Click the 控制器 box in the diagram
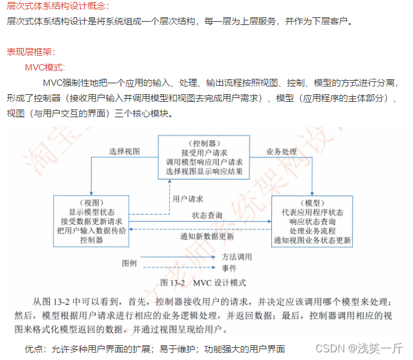[203, 158]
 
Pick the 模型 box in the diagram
[312, 220]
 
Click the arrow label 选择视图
[124, 152]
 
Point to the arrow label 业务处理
[282, 152]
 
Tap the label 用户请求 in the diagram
[188, 199]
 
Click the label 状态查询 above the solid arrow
[208, 215]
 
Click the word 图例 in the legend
[130, 263]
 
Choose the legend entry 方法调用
[237, 257]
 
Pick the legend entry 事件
[229, 268]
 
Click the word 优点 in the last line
[35, 349]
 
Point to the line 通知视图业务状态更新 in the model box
[312, 241]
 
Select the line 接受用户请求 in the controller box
[203, 153]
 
